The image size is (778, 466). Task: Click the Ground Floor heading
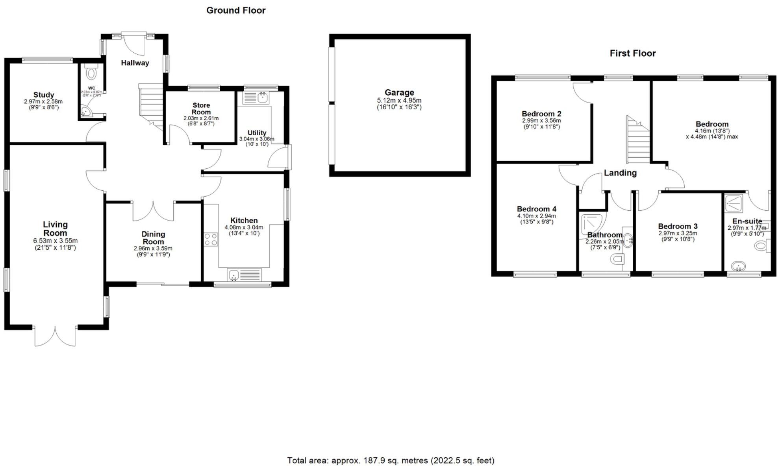[x=236, y=11]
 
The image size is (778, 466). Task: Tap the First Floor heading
[x=632, y=53]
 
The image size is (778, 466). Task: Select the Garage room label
[x=399, y=92]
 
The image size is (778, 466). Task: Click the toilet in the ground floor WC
[x=91, y=73]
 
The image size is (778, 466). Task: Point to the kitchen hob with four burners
[x=211, y=239]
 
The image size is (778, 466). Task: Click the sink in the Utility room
[x=263, y=97]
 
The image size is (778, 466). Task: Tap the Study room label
[x=43, y=95]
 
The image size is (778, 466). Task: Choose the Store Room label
[x=201, y=109]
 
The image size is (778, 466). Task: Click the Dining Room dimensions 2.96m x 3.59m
[x=153, y=249]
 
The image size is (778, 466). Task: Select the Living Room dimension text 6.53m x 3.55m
[x=55, y=241]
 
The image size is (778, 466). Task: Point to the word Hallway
[x=135, y=63]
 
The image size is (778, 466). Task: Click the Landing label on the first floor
[x=620, y=173]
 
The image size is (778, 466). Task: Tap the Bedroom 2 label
[x=541, y=114]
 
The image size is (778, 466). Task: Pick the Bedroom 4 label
[x=536, y=209]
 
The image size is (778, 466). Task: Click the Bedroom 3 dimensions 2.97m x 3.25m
[x=678, y=233]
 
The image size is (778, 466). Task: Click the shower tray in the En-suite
[x=734, y=203]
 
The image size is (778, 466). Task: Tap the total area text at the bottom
[x=391, y=460]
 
